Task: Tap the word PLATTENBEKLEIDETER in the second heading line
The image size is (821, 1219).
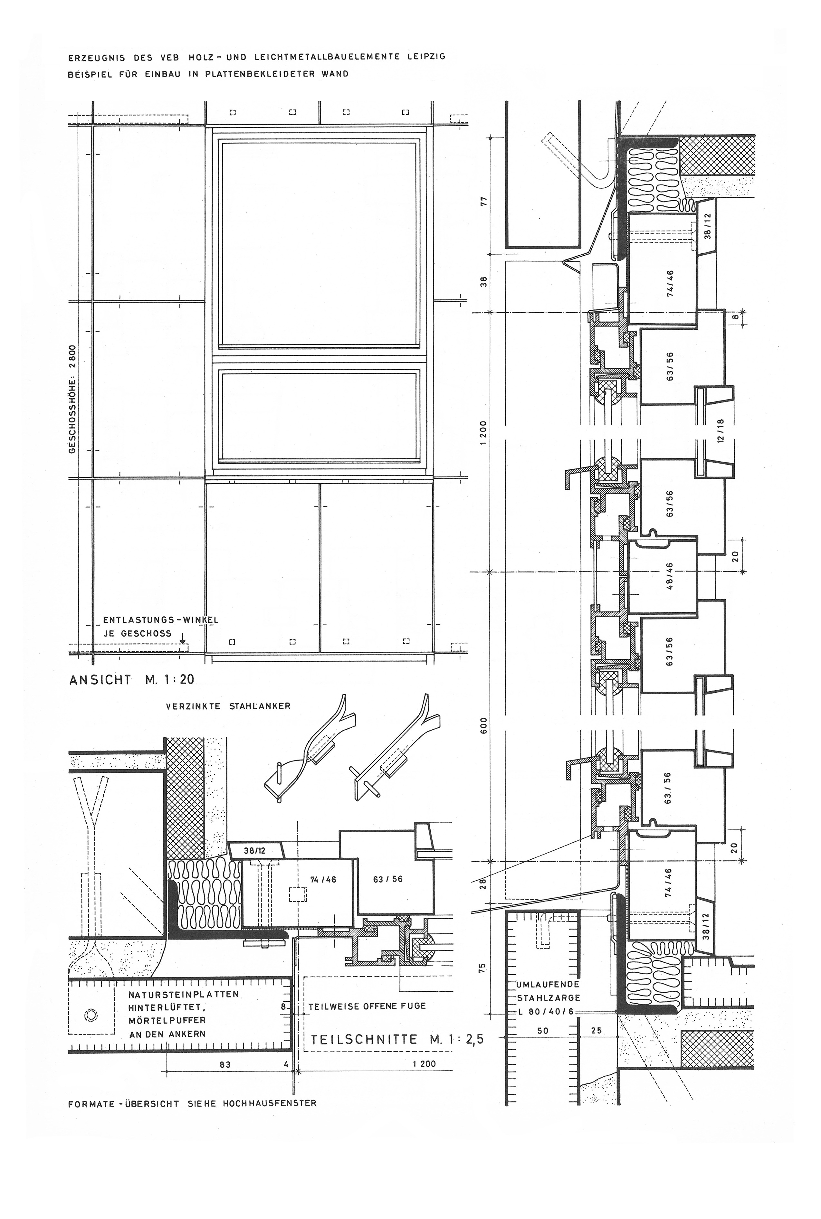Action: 266,74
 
